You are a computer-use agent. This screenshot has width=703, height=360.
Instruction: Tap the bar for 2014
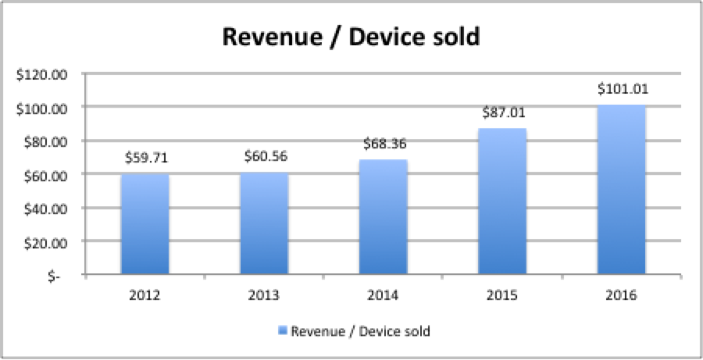(384, 219)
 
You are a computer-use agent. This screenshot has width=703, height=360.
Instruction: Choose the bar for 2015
(503, 203)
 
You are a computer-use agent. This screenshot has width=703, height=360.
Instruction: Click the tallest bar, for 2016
(623, 191)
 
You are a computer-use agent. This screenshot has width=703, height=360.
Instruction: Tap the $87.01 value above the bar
(503, 112)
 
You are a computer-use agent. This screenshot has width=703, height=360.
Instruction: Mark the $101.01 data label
(623, 89)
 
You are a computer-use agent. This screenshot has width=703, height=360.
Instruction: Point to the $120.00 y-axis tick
(43, 74)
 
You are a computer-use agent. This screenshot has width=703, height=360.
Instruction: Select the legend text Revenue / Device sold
(360, 331)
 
